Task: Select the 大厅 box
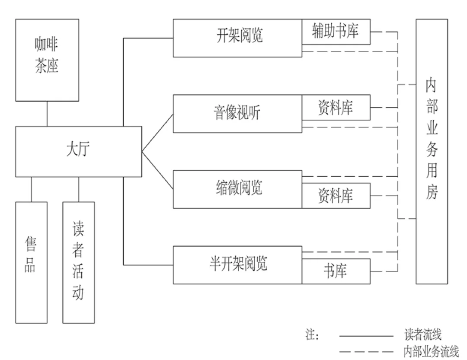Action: click(79, 151)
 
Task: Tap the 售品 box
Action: click(31, 262)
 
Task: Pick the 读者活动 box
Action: click(79, 262)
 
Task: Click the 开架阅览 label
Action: click(239, 35)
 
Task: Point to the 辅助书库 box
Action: click(336, 32)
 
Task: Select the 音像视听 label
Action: click(238, 113)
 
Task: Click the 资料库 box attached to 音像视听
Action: click(336, 107)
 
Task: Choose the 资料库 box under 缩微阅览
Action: click(336, 196)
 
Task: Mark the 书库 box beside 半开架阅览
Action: click(336, 271)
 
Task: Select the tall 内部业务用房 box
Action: click(432, 151)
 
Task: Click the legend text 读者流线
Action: click(422, 335)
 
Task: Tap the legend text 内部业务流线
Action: click(430, 351)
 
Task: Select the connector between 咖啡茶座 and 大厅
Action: click(47, 114)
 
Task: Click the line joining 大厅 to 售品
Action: click(31, 189)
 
